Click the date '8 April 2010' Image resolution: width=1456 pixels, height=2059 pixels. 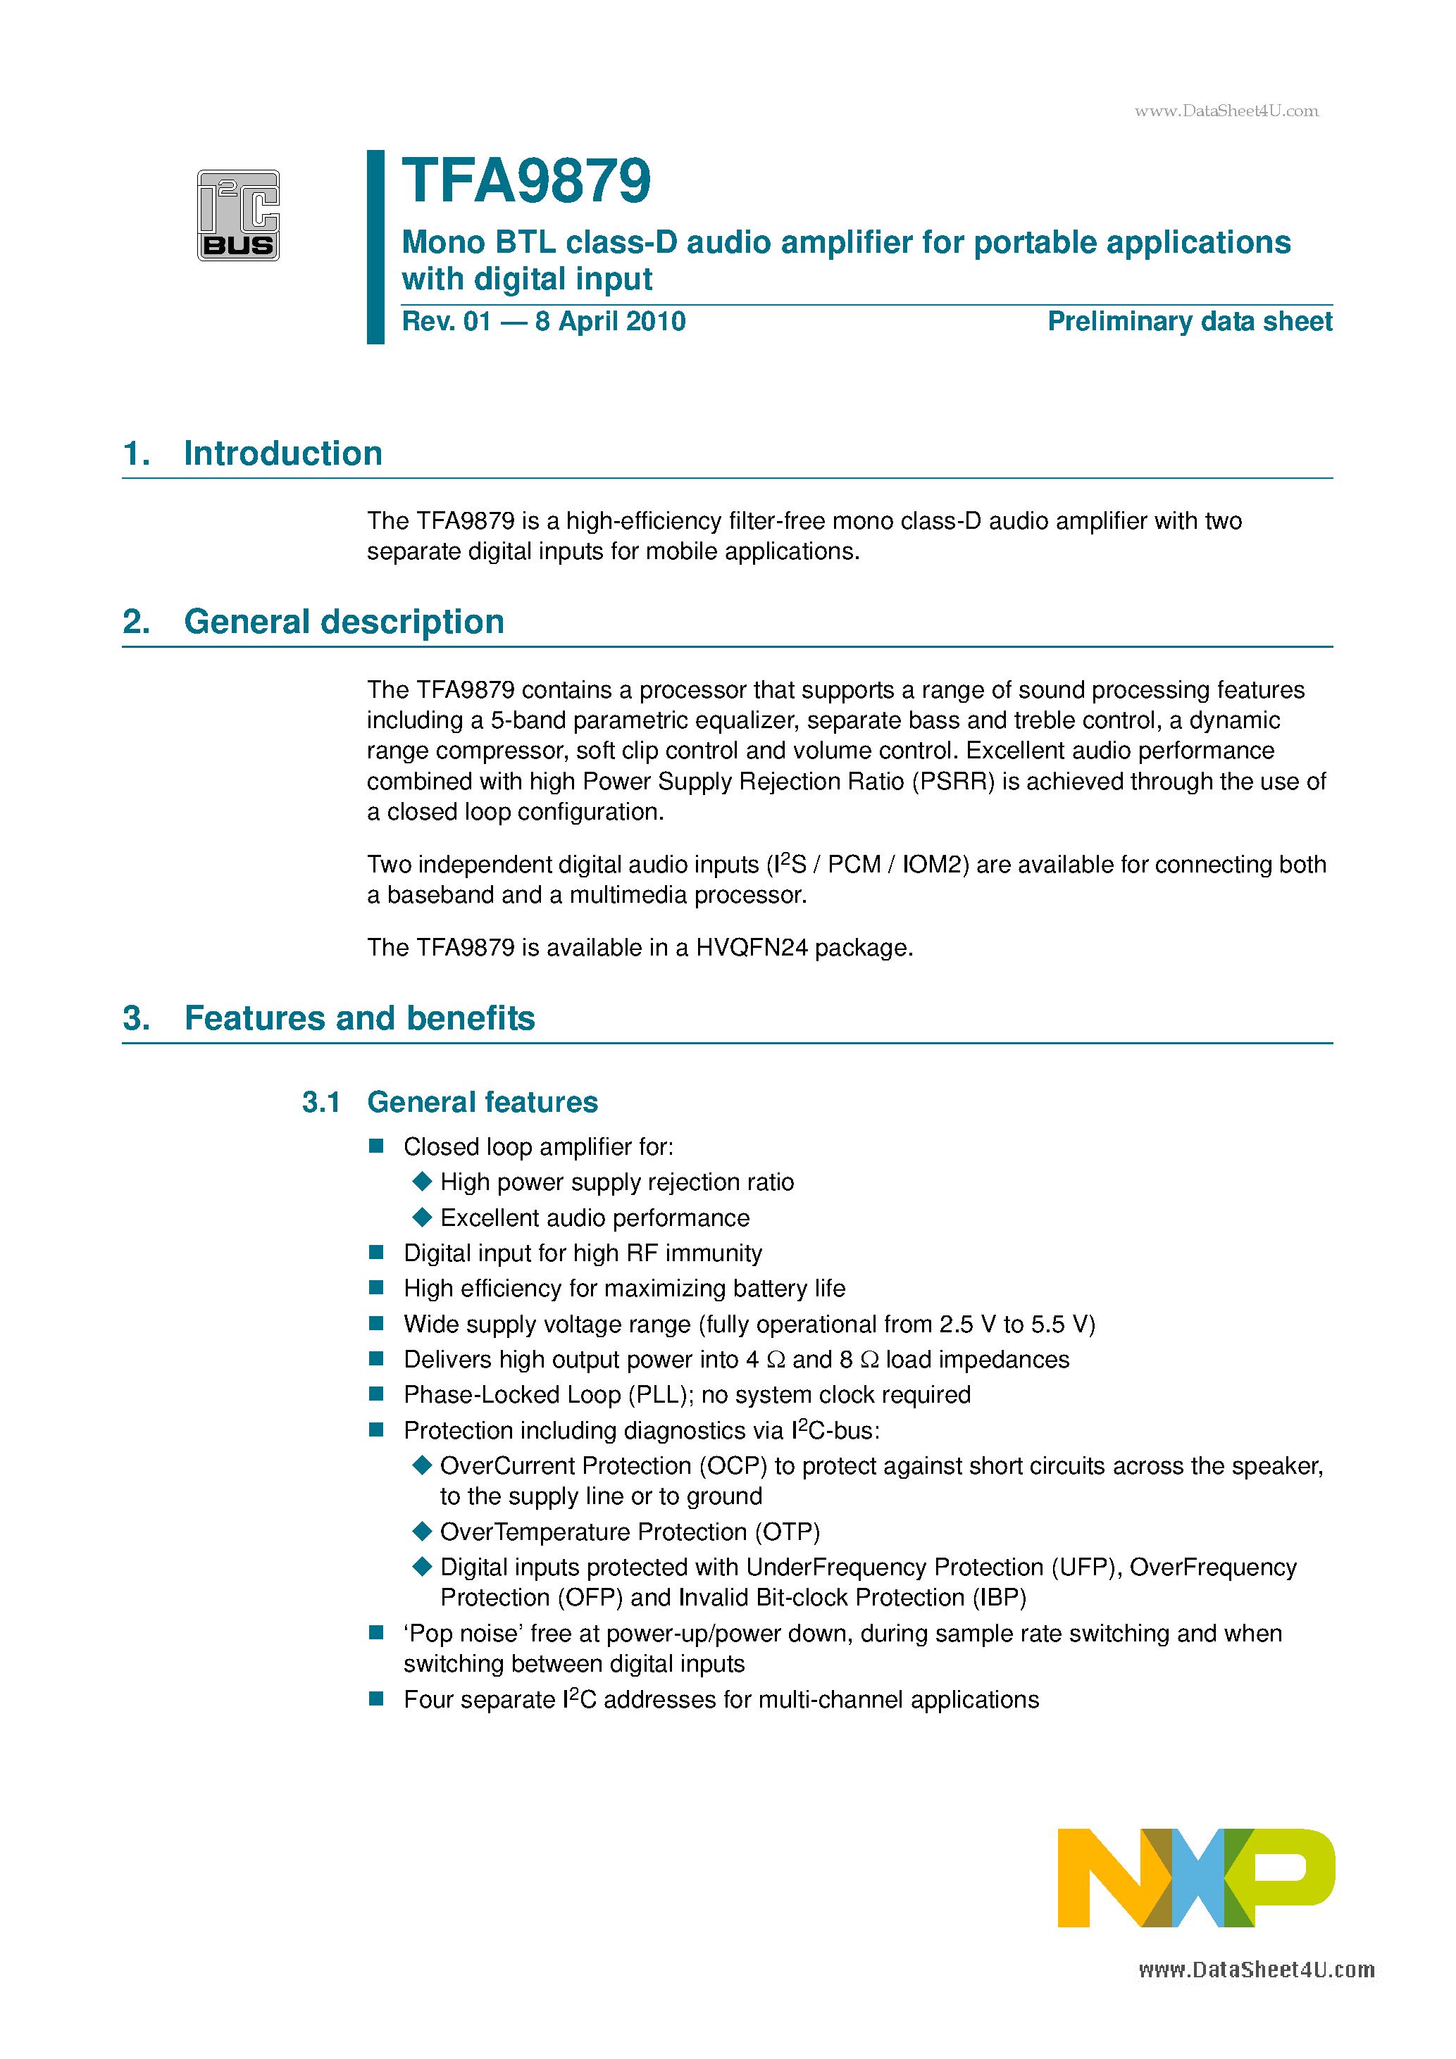pyautogui.click(x=610, y=322)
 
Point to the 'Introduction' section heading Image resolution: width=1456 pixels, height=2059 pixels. pyautogui.click(x=282, y=453)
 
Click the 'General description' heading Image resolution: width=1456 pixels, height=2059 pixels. pyautogui.click(x=344, y=622)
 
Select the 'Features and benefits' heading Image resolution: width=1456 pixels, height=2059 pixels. pyautogui.click(x=359, y=1019)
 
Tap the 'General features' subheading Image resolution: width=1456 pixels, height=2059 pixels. pyautogui.click(x=482, y=1102)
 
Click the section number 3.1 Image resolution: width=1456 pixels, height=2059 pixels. pyautogui.click(x=321, y=1102)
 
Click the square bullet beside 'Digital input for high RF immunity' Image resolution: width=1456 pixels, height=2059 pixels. pyautogui.click(x=377, y=1252)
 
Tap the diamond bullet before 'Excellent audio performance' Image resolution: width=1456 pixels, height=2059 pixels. pyautogui.click(x=422, y=1217)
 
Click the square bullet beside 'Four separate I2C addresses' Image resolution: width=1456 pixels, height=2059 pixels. pyautogui.click(x=377, y=1698)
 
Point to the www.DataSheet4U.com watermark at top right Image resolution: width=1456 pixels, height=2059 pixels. pyautogui.click(x=1226, y=111)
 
